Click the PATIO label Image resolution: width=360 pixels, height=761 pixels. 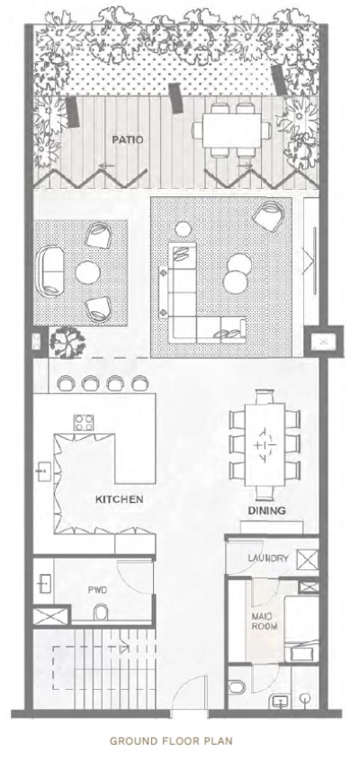point(124,140)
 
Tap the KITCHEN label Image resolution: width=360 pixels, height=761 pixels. point(120,497)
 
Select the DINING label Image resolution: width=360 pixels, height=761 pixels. point(267,510)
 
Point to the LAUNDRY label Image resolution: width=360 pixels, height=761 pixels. point(267,559)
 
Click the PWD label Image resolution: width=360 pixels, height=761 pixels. point(97,591)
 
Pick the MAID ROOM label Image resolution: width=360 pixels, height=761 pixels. point(265,621)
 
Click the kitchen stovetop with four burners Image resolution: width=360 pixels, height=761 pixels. point(85,421)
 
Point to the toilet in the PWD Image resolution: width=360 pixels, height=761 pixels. point(102,614)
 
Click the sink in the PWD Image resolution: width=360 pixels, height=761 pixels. point(45,584)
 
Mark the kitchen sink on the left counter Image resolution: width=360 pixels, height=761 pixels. point(43,470)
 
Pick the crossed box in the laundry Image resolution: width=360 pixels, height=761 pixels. point(306,558)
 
